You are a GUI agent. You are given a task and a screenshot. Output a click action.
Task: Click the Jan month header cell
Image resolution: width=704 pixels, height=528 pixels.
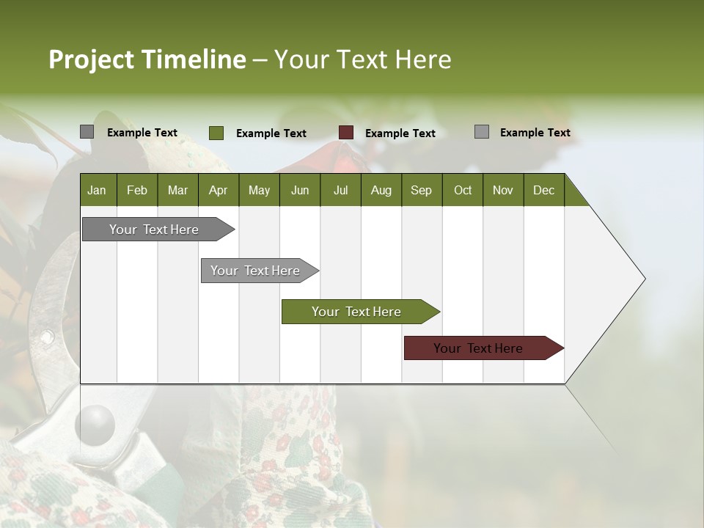point(97,190)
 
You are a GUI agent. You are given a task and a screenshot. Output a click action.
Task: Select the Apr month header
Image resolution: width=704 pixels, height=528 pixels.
point(218,190)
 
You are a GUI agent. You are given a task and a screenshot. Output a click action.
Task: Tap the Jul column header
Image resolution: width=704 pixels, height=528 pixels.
point(340,190)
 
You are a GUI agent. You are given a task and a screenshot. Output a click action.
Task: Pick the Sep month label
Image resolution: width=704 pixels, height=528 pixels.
point(421,190)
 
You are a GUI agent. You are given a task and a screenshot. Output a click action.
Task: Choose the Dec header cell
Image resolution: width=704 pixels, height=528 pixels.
point(543,190)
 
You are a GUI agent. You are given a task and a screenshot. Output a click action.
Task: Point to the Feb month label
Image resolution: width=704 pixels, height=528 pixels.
point(137,190)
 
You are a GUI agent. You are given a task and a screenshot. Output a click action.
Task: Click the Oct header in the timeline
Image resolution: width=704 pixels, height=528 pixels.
point(463,190)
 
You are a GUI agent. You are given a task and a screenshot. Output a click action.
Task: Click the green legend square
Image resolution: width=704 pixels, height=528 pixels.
point(216,133)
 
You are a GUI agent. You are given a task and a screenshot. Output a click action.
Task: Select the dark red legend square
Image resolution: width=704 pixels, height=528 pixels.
point(346,133)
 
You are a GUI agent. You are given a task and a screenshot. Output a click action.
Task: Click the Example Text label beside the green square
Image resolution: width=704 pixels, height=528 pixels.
point(271,133)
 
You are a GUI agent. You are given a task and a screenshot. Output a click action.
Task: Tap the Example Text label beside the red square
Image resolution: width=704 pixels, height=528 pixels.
point(400,133)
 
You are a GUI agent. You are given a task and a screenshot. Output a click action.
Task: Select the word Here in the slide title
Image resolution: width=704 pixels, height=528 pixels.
point(423,59)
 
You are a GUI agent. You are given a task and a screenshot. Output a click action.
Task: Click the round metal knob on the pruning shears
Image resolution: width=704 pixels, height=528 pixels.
point(97,423)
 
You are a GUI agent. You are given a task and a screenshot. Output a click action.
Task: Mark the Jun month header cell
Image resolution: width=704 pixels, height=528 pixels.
point(300,190)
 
